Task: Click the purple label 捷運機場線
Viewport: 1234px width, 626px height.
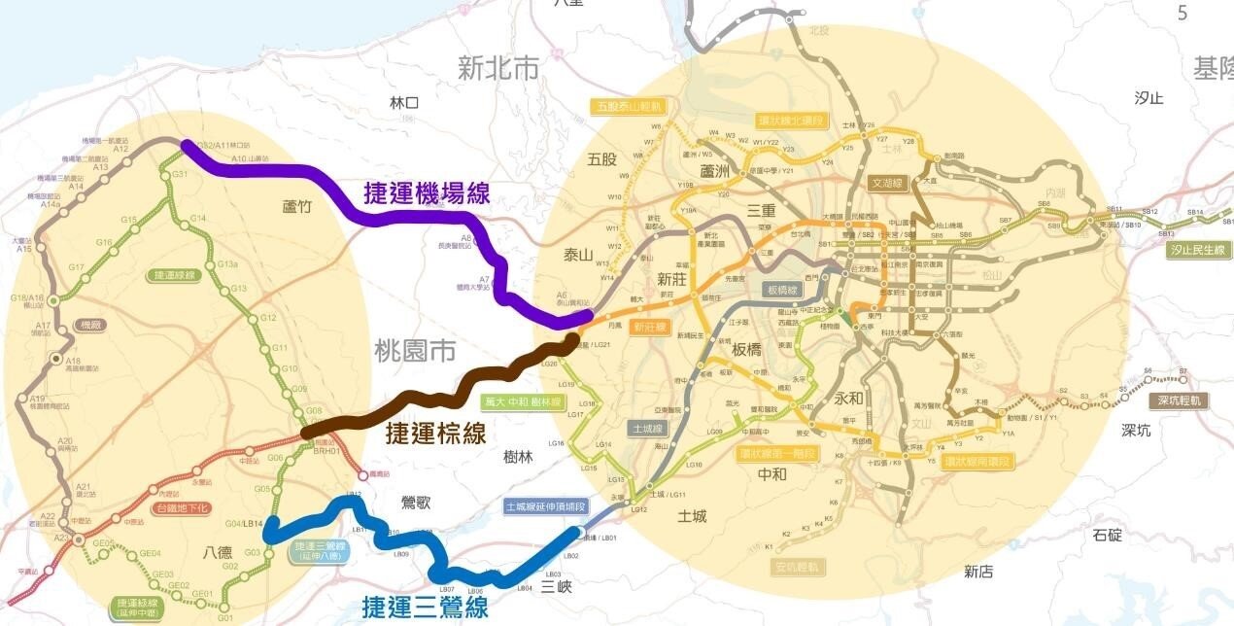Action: coord(427,192)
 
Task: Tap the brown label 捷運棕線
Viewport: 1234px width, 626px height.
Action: coord(436,433)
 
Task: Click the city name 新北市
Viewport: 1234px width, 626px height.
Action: coord(498,68)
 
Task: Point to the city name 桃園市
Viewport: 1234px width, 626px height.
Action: coord(415,351)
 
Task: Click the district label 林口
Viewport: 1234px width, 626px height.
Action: coord(403,102)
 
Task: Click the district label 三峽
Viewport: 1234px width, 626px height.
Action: coord(557,586)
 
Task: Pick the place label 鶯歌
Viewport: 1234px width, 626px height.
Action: coord(416,503)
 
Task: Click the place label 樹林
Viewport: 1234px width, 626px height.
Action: coord(519,457)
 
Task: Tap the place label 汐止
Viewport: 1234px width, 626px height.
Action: coord(1148,97)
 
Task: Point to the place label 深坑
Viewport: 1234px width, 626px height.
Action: coord(1136,430)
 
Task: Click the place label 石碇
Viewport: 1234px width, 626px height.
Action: coord(1107,534)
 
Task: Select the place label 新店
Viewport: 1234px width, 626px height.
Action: coord(978,572)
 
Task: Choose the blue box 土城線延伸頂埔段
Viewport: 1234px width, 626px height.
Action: coord(546,506)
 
